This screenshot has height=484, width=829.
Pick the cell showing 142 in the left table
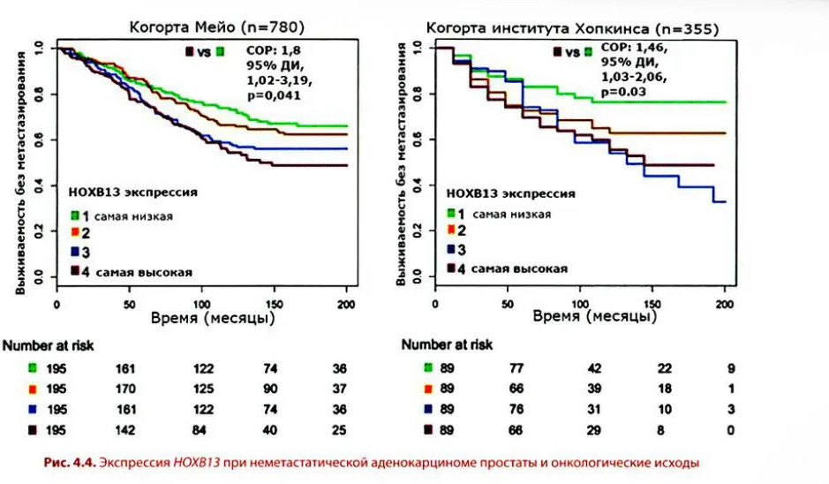point(129,431)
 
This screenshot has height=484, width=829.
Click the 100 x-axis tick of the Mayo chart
point(201,304)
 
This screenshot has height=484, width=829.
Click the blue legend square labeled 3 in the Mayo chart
point(77,252)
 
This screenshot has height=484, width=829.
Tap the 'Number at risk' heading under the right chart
point(447,344)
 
